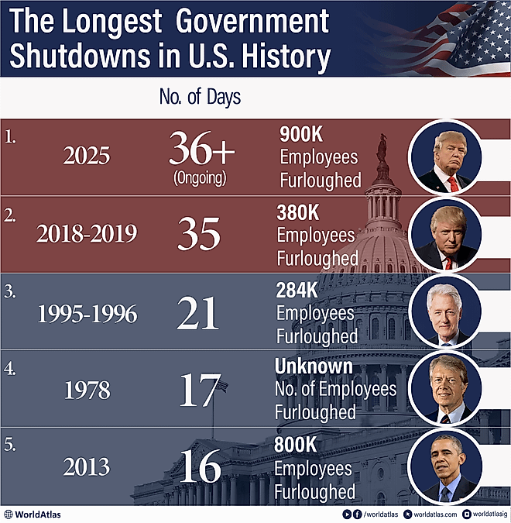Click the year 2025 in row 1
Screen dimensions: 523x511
pyautogui.click(x=87, y=157)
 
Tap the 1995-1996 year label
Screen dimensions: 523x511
pyautogui.click(x=87, y=315)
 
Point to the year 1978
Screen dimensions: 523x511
pyautogui.click(x=87, y=390)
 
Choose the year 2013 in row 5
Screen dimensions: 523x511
pyautogui.click(x=87, y=468)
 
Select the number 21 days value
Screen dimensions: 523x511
pyautogui.click(x=198, y=313)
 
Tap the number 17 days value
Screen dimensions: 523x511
pyautogui.click(x=200, y=390)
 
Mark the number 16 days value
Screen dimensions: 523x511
pyautogui.click(x=199, y=466)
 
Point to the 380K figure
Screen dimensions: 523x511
pyautogui.click(x=297, y=212)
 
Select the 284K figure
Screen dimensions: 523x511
pyautogui.click(x=297, y=291)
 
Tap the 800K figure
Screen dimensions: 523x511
pyautogui.click(x=297, y=446)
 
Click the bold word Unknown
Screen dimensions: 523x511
pyautogui.click(x=314, y=366)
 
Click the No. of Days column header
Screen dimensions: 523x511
pyautogui.click(x=200, y=98)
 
